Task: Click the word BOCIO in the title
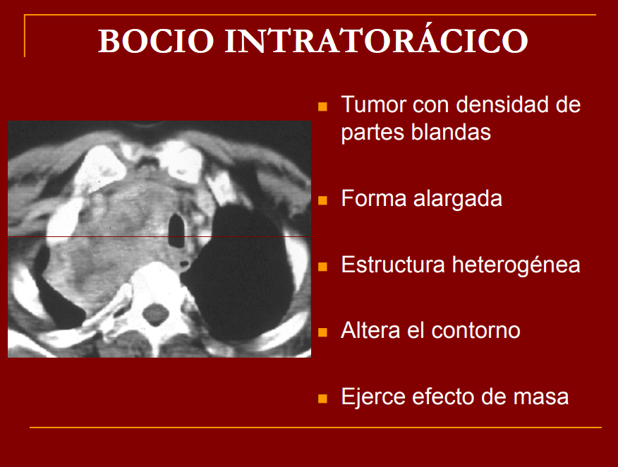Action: [156, 41]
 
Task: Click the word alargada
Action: [458, 199]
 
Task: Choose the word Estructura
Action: [393, 265]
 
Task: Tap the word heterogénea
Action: [516, 265]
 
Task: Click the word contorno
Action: [475, 331]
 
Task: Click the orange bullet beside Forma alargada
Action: [323, 200]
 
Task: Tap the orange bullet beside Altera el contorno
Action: [323, 332]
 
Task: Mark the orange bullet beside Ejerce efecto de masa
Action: [323, 399]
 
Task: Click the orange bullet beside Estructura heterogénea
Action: [323, 267]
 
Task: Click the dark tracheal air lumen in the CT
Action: [176, 231]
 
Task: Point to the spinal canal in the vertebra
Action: [155, 314]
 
